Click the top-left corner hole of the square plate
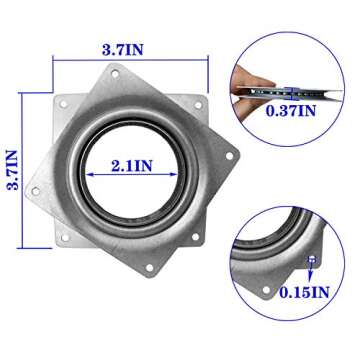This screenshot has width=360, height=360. (64, 98)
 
